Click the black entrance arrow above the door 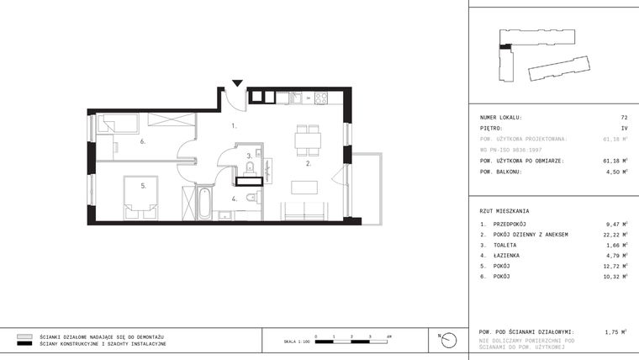click(x=238, y=82)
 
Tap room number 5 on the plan click(x=144, y=185)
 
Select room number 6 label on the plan click(x=143, y=141)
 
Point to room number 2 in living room click(x=309, y=164)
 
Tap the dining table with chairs click(x=307, y=140)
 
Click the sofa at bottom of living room click(x=304, y=211)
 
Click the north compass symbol click(x=451, y=339)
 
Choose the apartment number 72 click(x=624, y=117)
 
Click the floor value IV click(x=624, y=128)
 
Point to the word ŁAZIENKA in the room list click(x=506, y=255)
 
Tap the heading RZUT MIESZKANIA click(x=504, y=210)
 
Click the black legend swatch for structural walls click(x=24, y=344)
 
